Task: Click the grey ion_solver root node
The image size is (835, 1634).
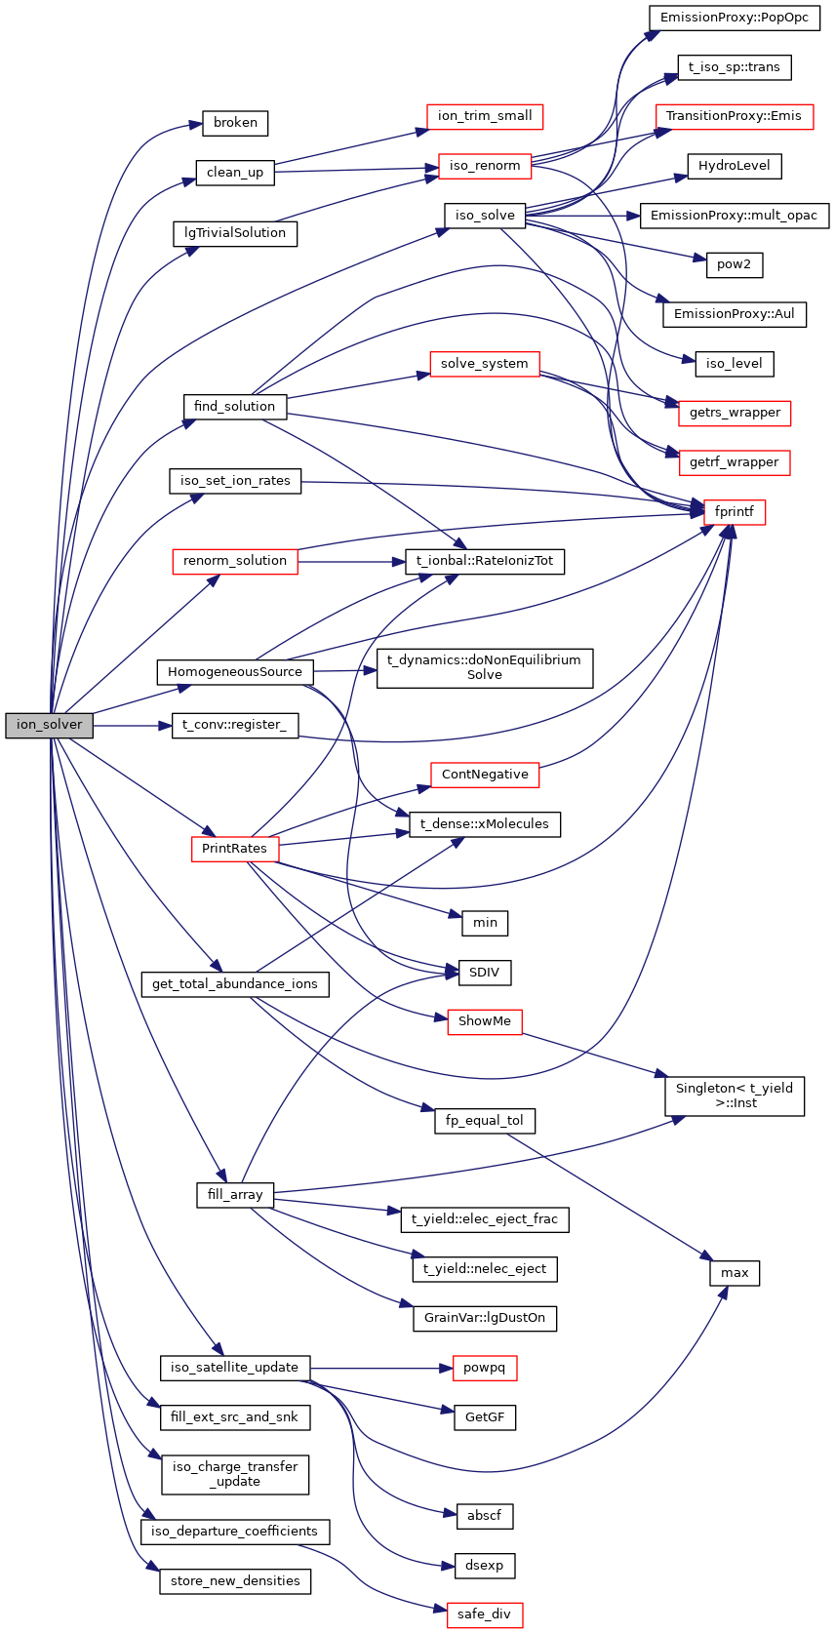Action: point(50,725)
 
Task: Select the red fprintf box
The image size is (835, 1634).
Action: point(735,511)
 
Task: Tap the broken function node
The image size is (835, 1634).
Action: point(235,123)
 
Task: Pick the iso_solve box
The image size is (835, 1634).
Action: point(485,216)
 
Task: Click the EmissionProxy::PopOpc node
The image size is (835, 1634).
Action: point(735,18)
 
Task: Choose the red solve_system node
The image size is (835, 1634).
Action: point(485,364)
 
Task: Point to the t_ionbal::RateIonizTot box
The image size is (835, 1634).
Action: point(485,561)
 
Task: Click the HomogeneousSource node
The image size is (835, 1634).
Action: point(235,672)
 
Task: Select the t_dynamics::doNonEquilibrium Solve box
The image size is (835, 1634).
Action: point(485,667)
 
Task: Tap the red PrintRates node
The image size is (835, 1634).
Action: point(235,849)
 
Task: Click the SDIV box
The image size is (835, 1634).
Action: point(485,973)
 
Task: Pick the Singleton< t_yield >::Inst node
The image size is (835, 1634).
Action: point(735,1096)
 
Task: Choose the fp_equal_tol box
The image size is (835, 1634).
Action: point(485,1121)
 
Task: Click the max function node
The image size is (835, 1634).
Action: point(735,1273)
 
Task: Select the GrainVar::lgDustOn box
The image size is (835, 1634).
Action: point(485,1318)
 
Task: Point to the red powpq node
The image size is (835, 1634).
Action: point(485,1368)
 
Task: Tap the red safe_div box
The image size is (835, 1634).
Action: point(485,1614)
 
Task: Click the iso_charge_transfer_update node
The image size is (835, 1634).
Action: point(235,1474)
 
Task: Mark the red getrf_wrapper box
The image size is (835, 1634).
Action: point(735,462)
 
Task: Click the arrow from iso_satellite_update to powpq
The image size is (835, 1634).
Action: point(380,1368)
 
